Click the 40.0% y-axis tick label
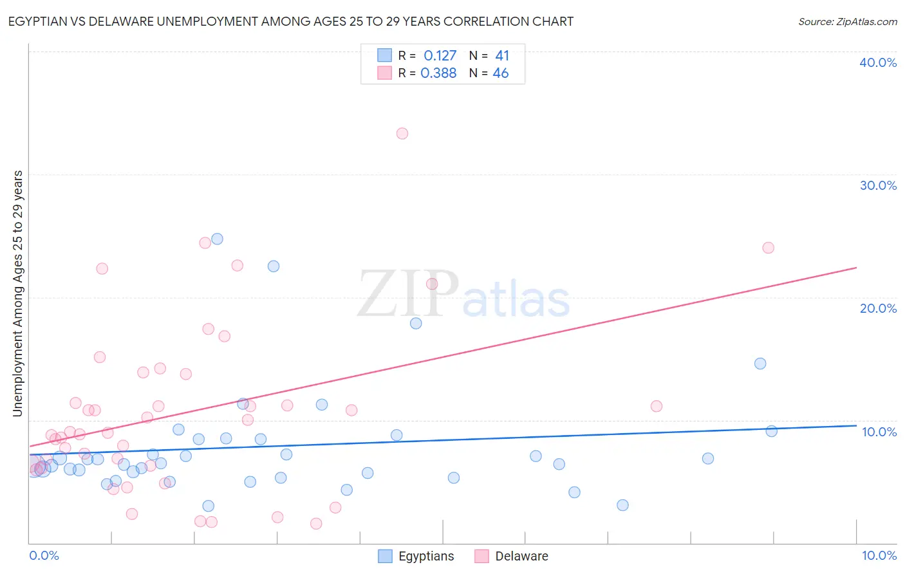tap(878, 62)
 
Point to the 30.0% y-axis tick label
tap(878, 185)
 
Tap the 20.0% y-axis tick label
tap(878, 308)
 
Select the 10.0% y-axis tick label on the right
tap(879, 432)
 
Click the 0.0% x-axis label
tap(44, 555)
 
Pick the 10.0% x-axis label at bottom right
tap(879, 555)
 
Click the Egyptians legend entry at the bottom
tap(425, 556)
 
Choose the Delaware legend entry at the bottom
tap(521, 556)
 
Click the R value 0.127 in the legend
tap(440, 55)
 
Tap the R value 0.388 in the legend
tap(438, 73)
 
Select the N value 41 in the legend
tap(502, 55)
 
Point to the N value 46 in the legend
tap(501, 73)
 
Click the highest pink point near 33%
tap(402, 133)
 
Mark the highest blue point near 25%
tap(217, 239)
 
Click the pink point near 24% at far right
tap(768, 248)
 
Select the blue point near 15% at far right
tap(760, 364)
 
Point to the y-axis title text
tap(17, 293)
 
